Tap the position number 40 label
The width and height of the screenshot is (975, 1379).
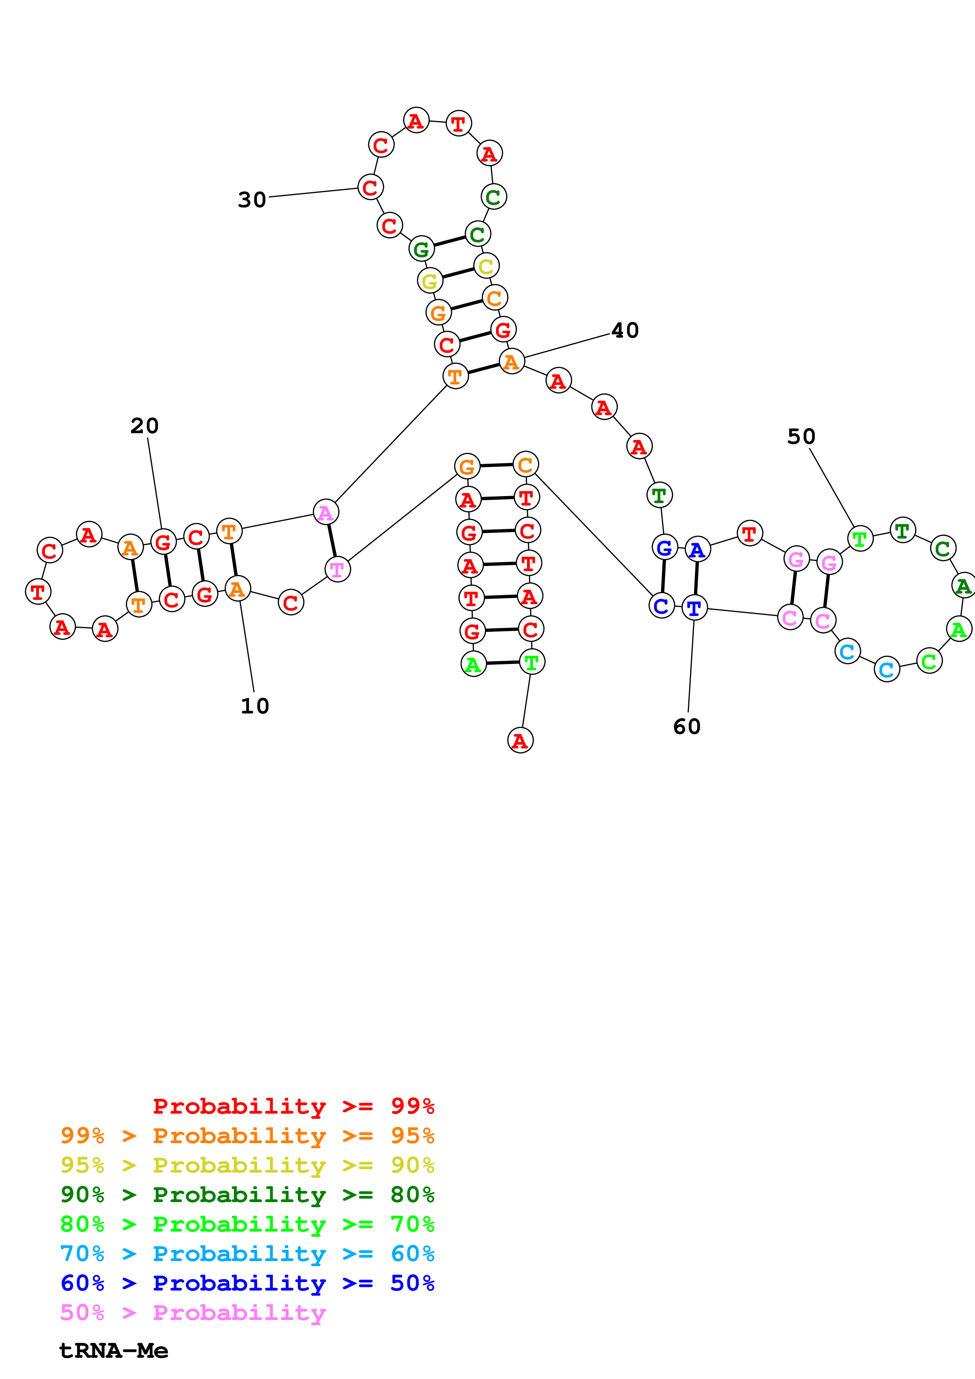coord(625,330)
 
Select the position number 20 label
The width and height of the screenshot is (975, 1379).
coord(144,426)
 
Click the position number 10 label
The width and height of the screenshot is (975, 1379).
coord(255,706)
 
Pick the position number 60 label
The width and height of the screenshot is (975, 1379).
coord(687,727)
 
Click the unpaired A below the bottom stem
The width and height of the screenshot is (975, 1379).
coord(520,741)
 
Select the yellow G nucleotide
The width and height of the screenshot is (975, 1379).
coord(429,281)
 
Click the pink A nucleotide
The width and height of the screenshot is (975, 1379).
coord(326,512)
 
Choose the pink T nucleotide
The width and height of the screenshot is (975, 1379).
coord(337,569)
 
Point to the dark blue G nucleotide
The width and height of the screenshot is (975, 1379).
coord(664,547)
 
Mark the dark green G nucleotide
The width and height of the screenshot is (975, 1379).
coord(421,249)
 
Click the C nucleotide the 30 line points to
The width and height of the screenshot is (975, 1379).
coord(370,188)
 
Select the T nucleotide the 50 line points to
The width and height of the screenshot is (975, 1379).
coord(860,539)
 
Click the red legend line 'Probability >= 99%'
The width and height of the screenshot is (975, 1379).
coord(293,1106)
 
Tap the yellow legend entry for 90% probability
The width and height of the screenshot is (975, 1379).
coord(247,1165)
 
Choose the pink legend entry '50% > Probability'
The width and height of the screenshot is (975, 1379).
coord(193,1312)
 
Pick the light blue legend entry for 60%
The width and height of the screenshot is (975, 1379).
coord(247,1254)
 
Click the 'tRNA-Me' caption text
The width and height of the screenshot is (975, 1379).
coord(114,1350)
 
